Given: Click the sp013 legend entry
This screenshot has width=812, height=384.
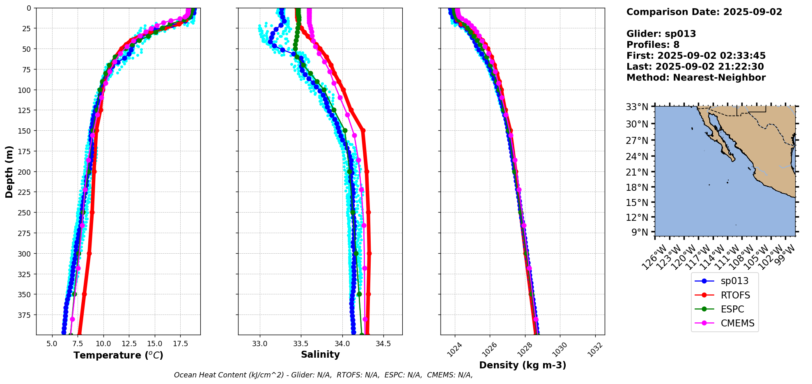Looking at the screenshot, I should [734, 281].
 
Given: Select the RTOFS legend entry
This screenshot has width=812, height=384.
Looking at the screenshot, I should [735, 295].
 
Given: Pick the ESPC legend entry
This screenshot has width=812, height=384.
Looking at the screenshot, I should [732, 309].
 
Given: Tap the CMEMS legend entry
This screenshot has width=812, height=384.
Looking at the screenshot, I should [737, 324].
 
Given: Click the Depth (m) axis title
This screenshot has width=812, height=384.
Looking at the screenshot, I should [9, 171].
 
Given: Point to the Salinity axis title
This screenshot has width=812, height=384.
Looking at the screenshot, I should [320, 355].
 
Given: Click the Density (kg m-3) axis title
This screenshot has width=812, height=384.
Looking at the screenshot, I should [523, 365].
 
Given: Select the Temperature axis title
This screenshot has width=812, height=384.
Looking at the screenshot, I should [118, 355].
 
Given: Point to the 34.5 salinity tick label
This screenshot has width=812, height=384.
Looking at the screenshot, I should [383, 344].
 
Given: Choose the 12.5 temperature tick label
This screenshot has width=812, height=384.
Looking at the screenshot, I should [128, 344].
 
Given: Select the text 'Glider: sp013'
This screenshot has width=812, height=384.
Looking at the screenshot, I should [661, 34].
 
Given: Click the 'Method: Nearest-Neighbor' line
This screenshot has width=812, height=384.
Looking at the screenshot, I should [696, 78].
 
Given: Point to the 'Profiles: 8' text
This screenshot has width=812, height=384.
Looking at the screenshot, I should [653, 45].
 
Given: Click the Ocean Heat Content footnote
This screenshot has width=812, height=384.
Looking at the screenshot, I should [323, 375].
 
